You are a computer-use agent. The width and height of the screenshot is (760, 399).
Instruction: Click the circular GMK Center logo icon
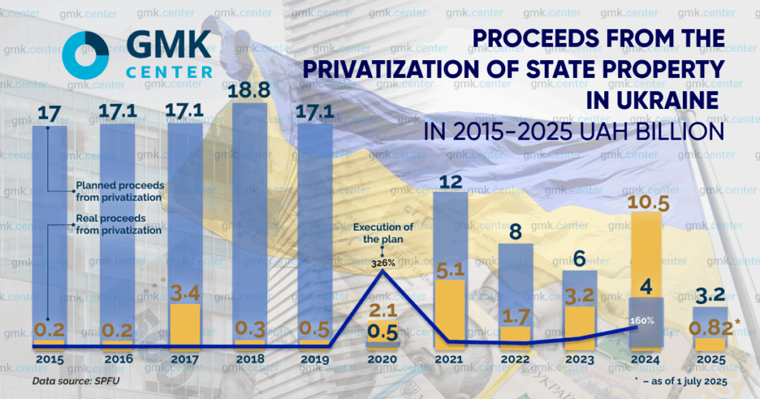click(86, 56)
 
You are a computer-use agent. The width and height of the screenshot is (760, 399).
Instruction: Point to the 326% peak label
click(383, 263)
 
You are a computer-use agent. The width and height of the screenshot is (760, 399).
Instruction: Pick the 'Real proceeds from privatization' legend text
click(118, 225)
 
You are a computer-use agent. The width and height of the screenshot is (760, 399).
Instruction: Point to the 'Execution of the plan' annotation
click(383, 233)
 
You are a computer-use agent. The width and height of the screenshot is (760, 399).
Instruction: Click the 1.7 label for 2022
click(516, 315)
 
